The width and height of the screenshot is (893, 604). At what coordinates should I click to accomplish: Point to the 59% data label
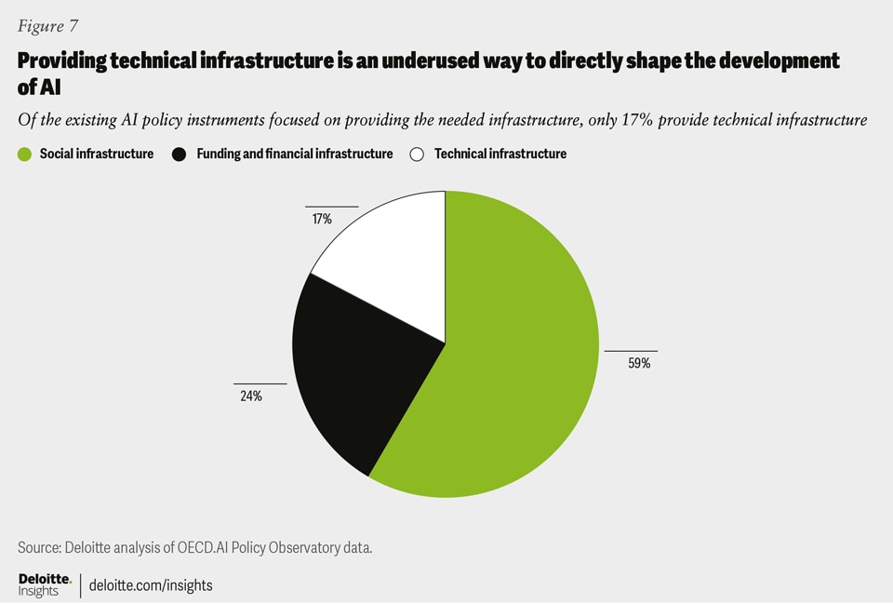638,364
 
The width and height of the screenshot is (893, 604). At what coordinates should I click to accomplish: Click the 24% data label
250,396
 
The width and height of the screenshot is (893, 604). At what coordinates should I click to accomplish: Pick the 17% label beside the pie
321,220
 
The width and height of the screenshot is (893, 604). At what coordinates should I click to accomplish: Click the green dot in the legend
25,154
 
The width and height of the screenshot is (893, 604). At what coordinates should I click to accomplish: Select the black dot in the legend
180,154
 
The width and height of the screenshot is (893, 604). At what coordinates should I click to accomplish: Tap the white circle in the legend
418,154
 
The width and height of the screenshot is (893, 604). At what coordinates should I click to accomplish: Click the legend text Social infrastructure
97,154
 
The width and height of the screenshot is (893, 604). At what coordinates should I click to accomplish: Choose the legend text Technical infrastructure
500,154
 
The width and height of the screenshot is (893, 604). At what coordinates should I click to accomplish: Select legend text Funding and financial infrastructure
295,154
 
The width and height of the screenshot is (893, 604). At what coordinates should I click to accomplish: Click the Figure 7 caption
47,26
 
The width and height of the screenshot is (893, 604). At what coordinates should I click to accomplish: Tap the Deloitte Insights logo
45,584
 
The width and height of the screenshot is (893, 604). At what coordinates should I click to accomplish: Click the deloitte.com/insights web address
152,585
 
